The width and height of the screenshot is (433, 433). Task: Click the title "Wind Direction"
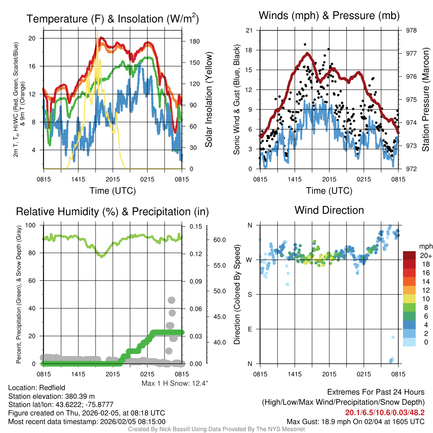[x=329, y=210]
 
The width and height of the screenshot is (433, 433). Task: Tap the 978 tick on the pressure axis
[x=411, y=30]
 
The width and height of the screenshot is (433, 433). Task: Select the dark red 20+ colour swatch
[x=410, y=255]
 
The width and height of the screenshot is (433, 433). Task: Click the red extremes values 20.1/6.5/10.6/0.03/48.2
[x=385, y=412]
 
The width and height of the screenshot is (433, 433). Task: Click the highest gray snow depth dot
[x=171, y=300]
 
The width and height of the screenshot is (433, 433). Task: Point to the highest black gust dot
[x=304, y=44]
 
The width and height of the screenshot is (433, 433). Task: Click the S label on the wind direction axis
[x=249, y=294]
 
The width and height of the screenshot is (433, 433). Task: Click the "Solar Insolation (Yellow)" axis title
[x=209, y=100]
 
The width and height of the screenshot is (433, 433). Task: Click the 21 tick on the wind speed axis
[x=249, y=30]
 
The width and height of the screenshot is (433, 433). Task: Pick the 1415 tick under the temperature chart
[x=79, y=178]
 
